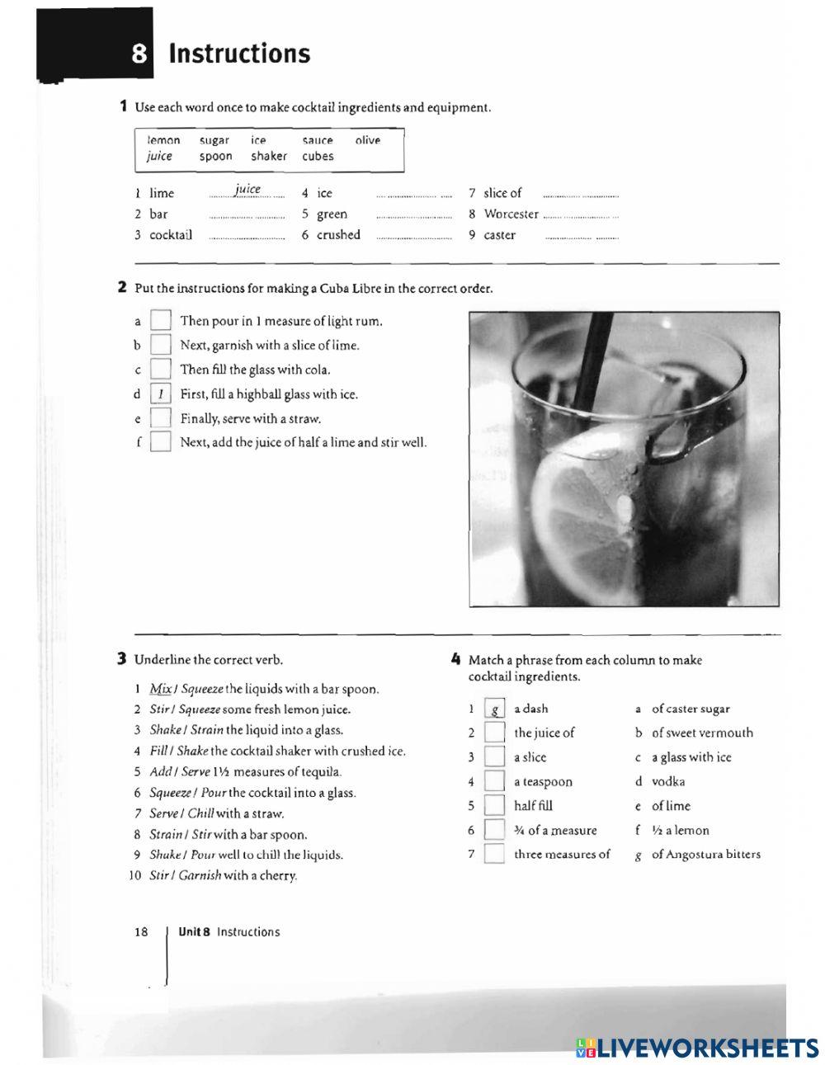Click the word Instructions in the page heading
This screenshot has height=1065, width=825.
pyautogui.click(x=239, y=54)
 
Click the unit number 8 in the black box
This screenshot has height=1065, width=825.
pyautogui.click(x=139, y=54)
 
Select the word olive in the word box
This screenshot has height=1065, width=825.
pyautogui.click(x=368, y=140)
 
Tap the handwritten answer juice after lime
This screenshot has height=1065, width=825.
pyautogui.click(x=247, y=190)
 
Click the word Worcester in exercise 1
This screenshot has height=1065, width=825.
pyautogui.click(x=511, y=214)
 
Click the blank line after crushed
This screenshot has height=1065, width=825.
pyautogui.click(x=413, y=236)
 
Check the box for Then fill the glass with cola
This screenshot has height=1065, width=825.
pyautogui.click(x=161, y=370)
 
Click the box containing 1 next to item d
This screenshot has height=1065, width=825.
pyautogui.click(x=161, y=394)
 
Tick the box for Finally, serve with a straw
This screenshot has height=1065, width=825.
pyautogui.click(x=161, y=418)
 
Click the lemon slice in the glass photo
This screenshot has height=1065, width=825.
pyautogui.click(x=577, y=520)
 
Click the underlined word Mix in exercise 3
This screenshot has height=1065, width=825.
pyautogui.click(x=160, y=689)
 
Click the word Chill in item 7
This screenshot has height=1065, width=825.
pyautogui.click(x=200, y=813)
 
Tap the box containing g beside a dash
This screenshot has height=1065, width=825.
pyautogui.click(x=494, y=709)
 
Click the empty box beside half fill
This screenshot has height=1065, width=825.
pyautogui.click(x=494, y=806)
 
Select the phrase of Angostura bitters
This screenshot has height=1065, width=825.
pyautogui.click(x=706, y=855)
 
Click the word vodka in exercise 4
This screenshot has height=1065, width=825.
pyautogui.click(x=668, y=781)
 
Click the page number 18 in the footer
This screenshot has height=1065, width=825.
pyautogui.click(x=141, y=932)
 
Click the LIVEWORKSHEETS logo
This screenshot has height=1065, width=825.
pyautogui.click(x=697, y=1048)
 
